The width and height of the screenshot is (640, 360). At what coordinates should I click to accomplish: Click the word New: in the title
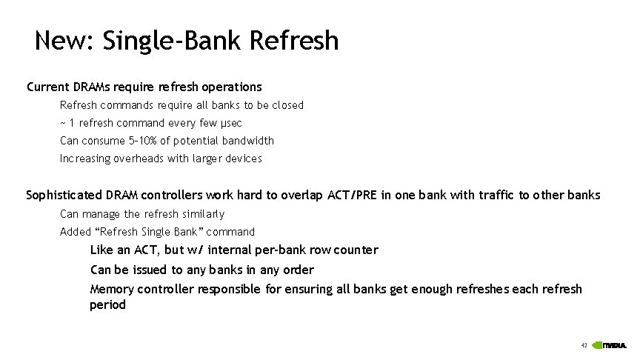click(x=62, y=40)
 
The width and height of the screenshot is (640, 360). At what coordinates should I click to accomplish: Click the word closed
click(x=287, y=105)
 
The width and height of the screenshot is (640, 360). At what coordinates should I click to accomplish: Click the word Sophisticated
click(x=64, y=196)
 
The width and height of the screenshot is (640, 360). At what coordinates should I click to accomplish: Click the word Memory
click(x=111, y=289)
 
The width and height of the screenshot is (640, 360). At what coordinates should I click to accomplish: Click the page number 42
click(x=584, y=345)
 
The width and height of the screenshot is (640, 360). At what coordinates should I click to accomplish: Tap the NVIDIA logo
click(x=612, y=345)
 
